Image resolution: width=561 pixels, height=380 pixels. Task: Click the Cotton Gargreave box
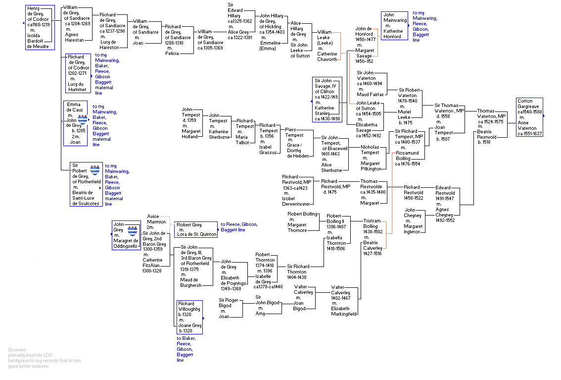[529, 117]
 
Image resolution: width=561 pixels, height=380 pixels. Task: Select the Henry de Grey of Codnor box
[38, 28]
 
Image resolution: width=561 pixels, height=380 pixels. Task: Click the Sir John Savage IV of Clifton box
[327, 100]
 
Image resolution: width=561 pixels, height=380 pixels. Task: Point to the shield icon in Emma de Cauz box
[82, 118]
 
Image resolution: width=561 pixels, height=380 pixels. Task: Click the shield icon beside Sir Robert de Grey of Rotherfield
[95, 170]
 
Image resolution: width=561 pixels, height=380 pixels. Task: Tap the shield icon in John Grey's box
[132, 230]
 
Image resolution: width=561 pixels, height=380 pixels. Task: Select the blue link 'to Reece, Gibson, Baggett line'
[239, 227]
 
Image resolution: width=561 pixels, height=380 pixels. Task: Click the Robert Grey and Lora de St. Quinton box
[196, 229]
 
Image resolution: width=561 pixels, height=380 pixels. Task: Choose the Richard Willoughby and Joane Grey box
[189, 317]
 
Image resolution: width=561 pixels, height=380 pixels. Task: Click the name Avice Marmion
[156, 219]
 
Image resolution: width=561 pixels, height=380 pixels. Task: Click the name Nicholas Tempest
[370, 150]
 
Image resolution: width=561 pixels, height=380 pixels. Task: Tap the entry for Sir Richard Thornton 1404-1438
[297, 271]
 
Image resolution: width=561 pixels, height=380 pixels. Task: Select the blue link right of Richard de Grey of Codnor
[107, 74]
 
